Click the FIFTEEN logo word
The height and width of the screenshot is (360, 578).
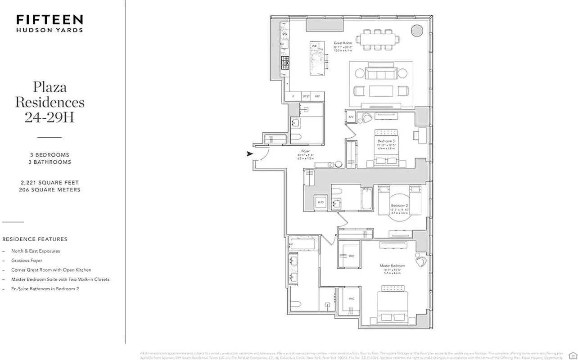point(50,19)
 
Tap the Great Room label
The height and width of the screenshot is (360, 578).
point(343,43)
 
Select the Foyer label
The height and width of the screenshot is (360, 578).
point(306,152)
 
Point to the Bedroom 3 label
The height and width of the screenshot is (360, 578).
point(386,141)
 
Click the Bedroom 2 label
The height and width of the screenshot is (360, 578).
point(399,206)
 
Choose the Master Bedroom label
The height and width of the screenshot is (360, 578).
point(392,266)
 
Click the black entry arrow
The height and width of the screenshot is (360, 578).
point(249,154)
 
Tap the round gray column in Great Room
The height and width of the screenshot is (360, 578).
point(417,31)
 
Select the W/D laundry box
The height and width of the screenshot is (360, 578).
point(321,202)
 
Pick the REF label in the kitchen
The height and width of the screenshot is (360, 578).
point(317,96)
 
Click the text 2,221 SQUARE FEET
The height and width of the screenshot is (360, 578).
point(50,183)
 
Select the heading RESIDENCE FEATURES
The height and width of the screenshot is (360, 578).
point(35,239)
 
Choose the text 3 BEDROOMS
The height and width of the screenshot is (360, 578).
point(50,155)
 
